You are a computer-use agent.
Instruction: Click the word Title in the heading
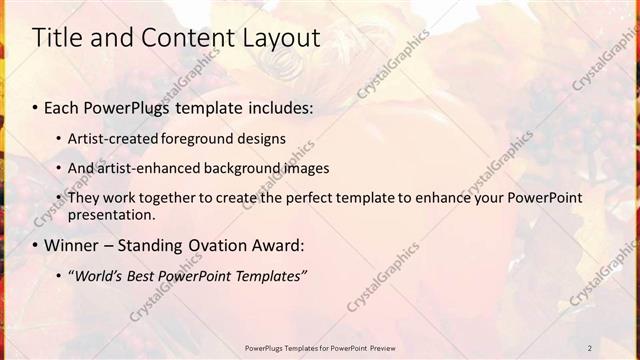[56, 39]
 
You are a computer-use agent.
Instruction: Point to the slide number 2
[590, 348]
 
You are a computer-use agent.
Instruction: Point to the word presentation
[111, 214]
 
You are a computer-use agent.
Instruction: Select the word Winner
[75, 245]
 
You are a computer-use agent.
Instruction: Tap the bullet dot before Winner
[36, 245]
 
